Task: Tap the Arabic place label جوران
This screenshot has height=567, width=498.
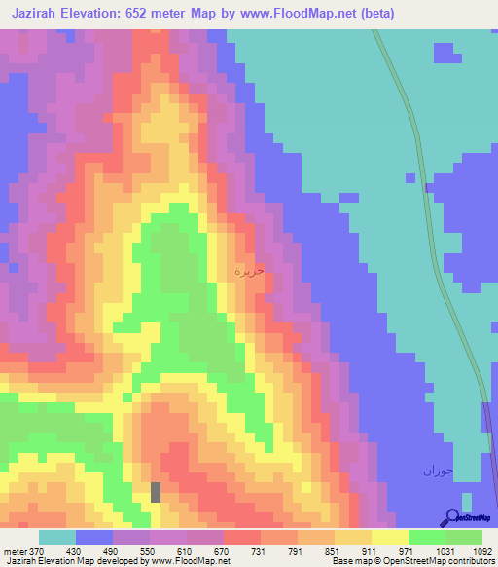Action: [438, 471]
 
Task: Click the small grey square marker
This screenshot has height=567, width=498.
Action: [156, 492]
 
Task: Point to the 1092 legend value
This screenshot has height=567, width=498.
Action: [483, 552]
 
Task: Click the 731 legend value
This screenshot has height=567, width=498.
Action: [260, 552]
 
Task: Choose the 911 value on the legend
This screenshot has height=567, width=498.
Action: [372, 552]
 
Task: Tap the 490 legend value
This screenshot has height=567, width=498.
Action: [112, 552]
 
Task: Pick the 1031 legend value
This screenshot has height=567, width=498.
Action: [446, 552]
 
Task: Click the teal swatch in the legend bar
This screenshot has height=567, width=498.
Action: [56, 537]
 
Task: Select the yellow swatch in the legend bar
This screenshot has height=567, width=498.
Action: [389, 537]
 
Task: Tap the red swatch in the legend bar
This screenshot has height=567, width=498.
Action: [242, 537]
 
